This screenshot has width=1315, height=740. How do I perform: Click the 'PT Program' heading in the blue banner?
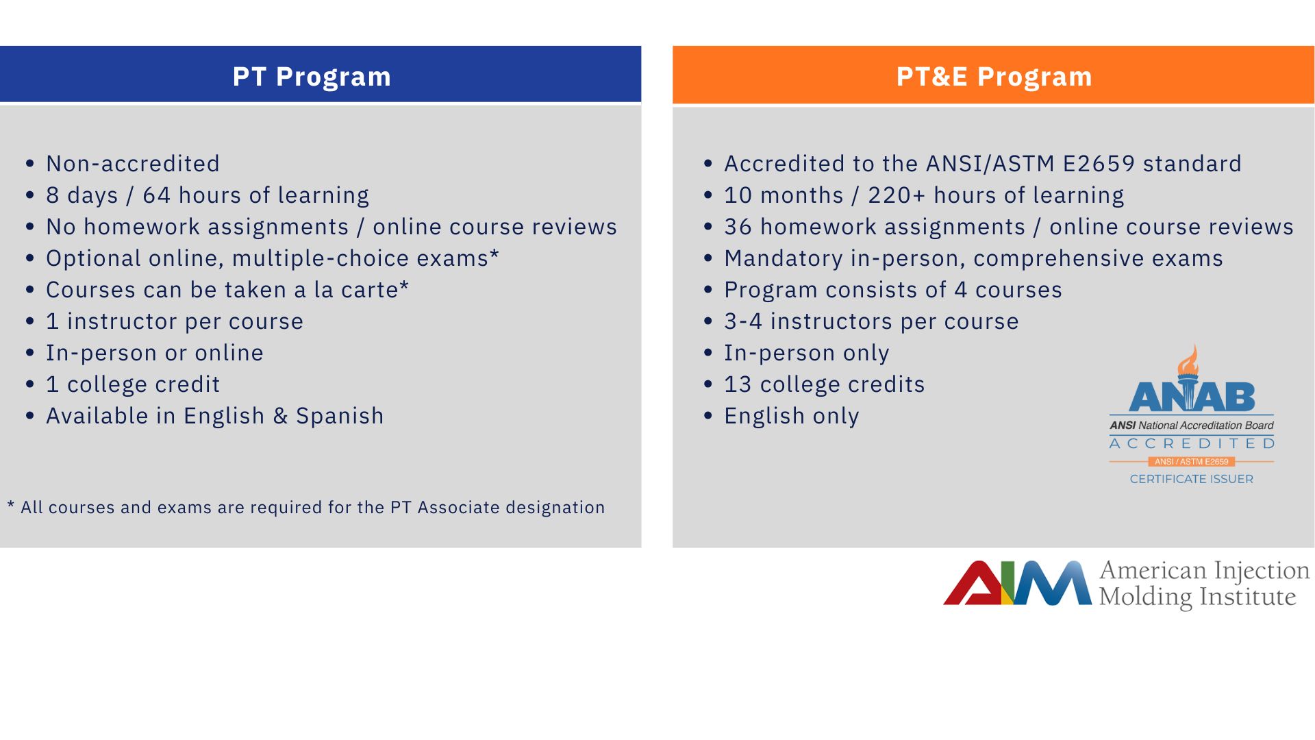(312, 77)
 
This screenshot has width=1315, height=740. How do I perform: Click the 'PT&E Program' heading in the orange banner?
(994, 77)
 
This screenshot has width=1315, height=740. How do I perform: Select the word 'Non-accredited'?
(133, 164)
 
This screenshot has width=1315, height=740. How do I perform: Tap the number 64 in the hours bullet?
(156, 195)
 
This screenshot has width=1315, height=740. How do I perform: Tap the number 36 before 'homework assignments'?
(738, 227)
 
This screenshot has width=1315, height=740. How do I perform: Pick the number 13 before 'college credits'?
(738, 384)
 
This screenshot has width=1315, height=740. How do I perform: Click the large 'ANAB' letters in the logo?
(1192, 397)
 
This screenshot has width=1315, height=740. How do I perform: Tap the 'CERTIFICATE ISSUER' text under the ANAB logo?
(1192, 479)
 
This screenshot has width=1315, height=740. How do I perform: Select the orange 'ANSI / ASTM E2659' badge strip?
(1192, 462)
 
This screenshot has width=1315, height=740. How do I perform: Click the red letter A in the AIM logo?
(973, 584)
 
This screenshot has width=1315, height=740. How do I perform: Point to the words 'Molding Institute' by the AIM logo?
(1198, 597)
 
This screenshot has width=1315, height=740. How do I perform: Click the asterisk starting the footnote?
(11, 505)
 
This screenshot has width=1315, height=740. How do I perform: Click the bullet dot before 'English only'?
(709, 416)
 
